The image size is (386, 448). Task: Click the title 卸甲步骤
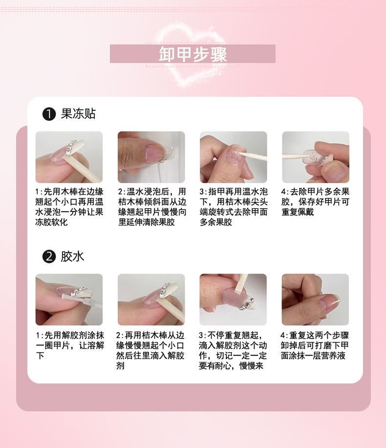193,54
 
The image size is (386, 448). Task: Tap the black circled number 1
49,114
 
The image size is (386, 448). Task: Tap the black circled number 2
49,256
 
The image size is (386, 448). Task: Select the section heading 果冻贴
78,114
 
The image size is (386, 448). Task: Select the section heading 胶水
72,256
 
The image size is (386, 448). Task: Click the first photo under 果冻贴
69,157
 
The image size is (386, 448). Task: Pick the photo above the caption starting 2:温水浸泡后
151,157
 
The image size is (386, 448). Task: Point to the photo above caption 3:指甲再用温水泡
234,157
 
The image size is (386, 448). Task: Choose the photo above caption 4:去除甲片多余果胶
316,157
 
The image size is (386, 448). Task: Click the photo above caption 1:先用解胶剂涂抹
69,299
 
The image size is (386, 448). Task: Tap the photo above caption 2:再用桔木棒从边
151,299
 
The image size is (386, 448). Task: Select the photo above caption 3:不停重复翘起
233,299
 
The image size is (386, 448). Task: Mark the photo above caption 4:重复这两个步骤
315,299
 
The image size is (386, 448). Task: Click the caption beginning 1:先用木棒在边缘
69,207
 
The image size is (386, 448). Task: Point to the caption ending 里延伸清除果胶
152,207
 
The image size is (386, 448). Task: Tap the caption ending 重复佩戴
316,202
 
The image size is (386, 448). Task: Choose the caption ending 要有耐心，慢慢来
233,350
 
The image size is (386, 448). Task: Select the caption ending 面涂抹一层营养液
315,345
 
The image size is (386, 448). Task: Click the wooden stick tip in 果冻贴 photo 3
240,153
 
